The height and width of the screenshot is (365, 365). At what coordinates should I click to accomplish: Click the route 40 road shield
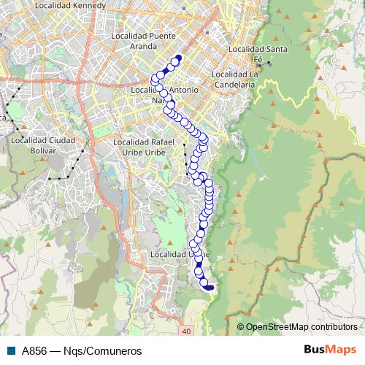[x=187, y=332]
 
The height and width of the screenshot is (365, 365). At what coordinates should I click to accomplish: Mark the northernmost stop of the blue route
[x=178, y=58]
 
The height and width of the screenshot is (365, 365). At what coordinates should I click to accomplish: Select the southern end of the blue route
[x=210, y=288]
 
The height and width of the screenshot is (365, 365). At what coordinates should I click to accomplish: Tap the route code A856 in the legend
[x=33, y=350]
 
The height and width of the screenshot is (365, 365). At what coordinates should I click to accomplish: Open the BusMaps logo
[x=330, y=350]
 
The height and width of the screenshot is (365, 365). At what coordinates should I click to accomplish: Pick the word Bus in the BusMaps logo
[x=315, y=350]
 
